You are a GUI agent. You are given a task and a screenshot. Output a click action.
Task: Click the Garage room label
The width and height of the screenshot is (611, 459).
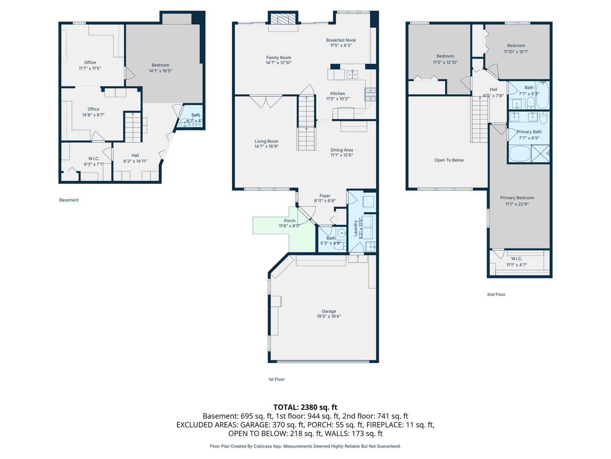tap(329, 312)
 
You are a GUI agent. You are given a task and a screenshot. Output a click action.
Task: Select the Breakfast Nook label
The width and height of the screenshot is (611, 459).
tap(341, 40)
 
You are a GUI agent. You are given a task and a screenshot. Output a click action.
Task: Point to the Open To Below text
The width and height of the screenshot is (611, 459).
tap(449, 160)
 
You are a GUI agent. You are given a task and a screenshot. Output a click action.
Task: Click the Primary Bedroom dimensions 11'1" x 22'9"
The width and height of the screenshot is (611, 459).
tap(517, 204)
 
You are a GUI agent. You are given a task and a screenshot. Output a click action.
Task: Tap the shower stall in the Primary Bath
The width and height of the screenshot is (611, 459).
tap(540, 153)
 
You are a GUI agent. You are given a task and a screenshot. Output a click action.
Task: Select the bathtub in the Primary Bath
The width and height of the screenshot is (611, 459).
tap(519, 153)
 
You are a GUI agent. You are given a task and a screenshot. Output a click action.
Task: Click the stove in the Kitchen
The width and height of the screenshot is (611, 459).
tap(370, 94)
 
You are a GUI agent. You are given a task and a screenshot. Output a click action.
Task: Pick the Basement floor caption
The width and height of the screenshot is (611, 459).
tap(69, 200)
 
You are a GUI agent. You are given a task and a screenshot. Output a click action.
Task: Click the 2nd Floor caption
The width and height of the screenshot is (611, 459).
tap(496, 295)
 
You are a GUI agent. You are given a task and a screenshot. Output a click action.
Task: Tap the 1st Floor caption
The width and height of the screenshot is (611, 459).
tap(276, 380)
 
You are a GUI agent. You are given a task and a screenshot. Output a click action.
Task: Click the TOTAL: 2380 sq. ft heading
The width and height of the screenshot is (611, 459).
tap(305, 407)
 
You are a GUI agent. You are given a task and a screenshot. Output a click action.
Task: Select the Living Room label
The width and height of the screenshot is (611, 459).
tap(266, 142)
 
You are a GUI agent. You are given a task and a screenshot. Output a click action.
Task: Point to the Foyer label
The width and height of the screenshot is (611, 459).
tap(325, 196)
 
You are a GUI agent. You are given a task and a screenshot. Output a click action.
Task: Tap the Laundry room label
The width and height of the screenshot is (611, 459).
tap(356, 228)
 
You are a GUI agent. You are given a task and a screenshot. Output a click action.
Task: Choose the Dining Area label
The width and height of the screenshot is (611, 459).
tap(342, 150)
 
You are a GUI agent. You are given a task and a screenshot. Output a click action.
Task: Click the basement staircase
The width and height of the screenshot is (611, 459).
tap(133, 127)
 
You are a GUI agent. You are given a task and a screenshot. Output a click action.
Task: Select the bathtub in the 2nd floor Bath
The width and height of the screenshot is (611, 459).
tap(542, 96)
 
